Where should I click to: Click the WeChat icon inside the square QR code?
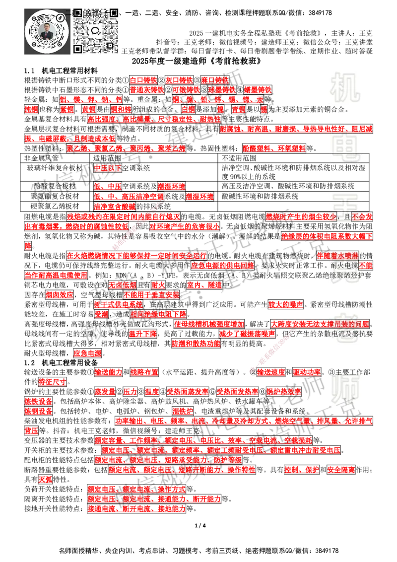click(96, 31)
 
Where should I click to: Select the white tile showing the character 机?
click(345, 87)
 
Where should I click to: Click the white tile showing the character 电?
click(347, 148)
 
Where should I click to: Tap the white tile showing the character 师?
click(345, 389)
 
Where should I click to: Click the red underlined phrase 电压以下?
click(108, 168)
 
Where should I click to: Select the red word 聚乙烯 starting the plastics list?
click(77, 148)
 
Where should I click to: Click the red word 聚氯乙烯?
click(172, 148)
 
